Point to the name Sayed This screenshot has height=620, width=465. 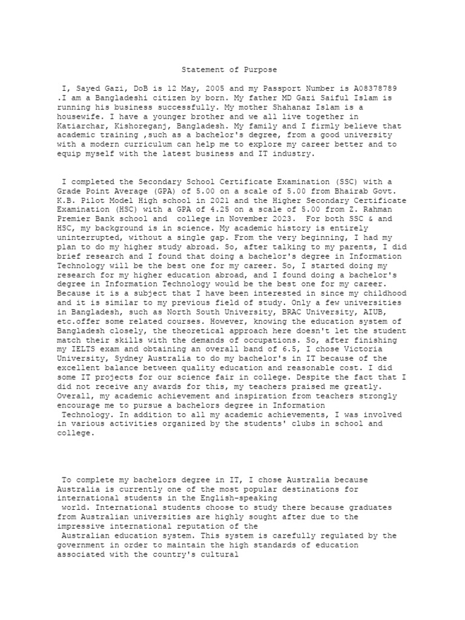coord(90,89)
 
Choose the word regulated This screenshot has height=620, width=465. coord(332,536)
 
